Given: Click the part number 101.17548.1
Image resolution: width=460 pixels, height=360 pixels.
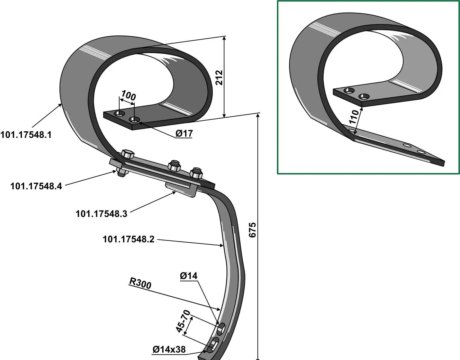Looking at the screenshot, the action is [26, 135].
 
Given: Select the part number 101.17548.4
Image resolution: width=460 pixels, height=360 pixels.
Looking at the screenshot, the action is [36, 186].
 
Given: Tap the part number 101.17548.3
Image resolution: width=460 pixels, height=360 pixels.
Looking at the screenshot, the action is [101, 214].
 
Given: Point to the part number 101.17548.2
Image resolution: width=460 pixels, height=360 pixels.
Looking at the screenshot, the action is [129, 239].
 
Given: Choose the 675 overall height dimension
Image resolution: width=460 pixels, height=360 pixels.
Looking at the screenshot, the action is [253, 230].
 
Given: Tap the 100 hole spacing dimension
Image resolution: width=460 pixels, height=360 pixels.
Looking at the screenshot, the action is [128, 96].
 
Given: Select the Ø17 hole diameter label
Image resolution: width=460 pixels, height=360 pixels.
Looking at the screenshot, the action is [184, 133].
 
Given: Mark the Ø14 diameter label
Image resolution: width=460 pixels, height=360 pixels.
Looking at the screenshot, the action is [189, 276].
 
